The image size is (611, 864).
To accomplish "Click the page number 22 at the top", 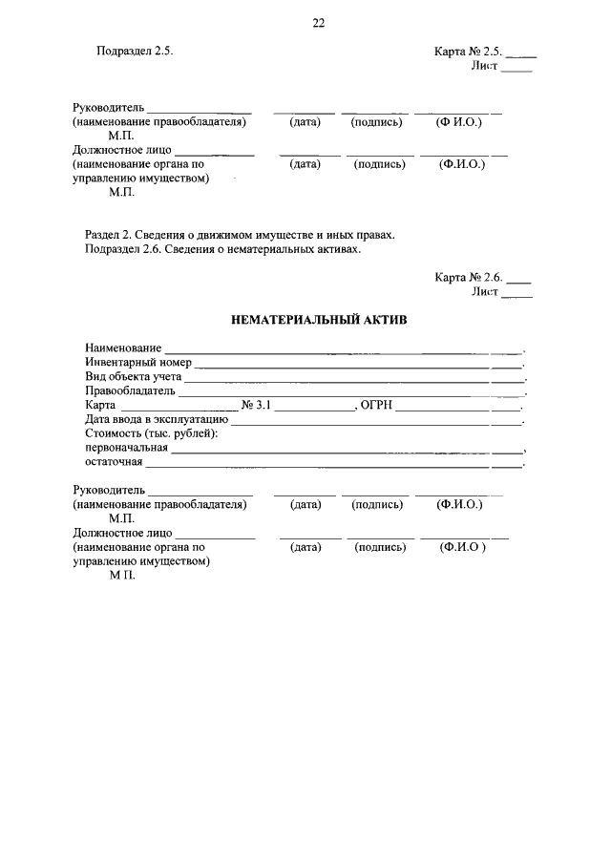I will [x=319, y=24].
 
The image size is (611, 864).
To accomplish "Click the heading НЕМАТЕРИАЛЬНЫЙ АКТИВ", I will [x=319, y=321].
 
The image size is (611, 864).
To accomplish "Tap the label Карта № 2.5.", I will [x=468, y=52].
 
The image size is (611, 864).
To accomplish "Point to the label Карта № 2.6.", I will [x=469, y=278].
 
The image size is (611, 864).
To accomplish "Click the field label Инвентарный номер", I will [x=137, y=363].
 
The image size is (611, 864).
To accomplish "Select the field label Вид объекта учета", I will [x=133, y=377].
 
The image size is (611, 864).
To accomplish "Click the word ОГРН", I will [x=378, y=405].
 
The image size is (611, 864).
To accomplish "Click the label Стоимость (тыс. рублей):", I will [x=137, y=433].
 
